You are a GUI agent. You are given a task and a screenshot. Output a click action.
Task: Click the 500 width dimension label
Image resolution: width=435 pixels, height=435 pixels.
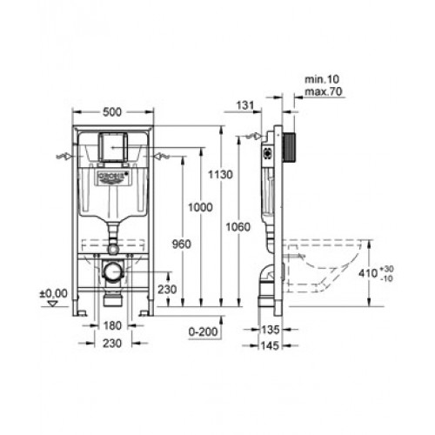pos(112,111)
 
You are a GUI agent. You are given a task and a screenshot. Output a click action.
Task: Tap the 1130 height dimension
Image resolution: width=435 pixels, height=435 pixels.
pos(220,175)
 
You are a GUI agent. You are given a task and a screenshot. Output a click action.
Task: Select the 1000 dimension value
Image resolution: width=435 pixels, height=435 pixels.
pos(200,207)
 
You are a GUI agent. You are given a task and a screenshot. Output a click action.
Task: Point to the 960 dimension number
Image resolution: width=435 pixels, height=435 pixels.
pos(182,244)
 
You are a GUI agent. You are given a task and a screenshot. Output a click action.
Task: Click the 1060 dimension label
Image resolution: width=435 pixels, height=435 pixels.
pos(238,227)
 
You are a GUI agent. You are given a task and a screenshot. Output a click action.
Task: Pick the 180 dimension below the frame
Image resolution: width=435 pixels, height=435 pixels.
pos(112,325)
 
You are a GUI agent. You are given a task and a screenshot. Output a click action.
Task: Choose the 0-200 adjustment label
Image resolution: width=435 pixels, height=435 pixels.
pos(203,331)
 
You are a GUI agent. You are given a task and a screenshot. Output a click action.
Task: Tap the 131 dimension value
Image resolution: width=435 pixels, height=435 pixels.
pos(245,105)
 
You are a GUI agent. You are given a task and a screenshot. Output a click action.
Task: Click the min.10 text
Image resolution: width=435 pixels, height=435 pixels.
pos(322,79)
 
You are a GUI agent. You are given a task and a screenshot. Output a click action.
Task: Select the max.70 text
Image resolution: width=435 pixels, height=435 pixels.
pos(324,91)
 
